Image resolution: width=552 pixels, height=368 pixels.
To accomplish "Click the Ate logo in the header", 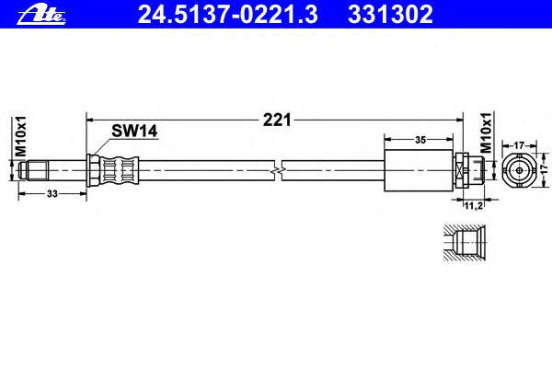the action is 41,15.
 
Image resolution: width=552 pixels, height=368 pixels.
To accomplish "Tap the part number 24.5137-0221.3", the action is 228,15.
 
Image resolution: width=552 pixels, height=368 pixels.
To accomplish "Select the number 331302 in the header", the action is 390,15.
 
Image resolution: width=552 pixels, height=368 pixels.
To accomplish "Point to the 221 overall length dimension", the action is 277,121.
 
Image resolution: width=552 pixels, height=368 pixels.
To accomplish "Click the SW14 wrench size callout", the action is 134,131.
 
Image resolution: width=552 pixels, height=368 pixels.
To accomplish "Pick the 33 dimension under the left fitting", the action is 52,194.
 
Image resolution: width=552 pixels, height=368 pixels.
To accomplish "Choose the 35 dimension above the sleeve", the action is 420,140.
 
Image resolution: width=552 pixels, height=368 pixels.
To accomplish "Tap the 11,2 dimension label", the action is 473,206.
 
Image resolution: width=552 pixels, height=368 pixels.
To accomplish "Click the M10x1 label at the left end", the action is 21,135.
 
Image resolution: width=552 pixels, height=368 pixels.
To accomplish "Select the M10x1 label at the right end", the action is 486,132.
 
